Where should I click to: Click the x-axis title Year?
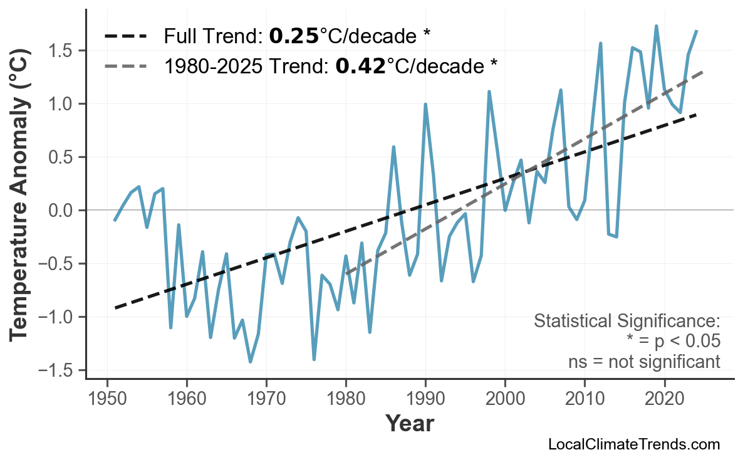tap(409, 424)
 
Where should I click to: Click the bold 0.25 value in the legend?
tap(294, 36)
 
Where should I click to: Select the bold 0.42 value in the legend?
tap(360, 65)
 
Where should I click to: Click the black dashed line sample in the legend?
tap(125, 36)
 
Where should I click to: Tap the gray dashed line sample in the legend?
tap(125, 65)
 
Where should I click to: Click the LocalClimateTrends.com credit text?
tap(633, 444)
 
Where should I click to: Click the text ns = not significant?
tap(644, 362)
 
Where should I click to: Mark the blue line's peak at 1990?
tap(425, 104)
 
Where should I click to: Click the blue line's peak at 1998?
tap(489, 92)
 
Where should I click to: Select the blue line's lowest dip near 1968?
tap(251, 362)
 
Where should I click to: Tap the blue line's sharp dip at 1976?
tap(314, 359)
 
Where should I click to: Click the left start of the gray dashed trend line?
tap(346, 274)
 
